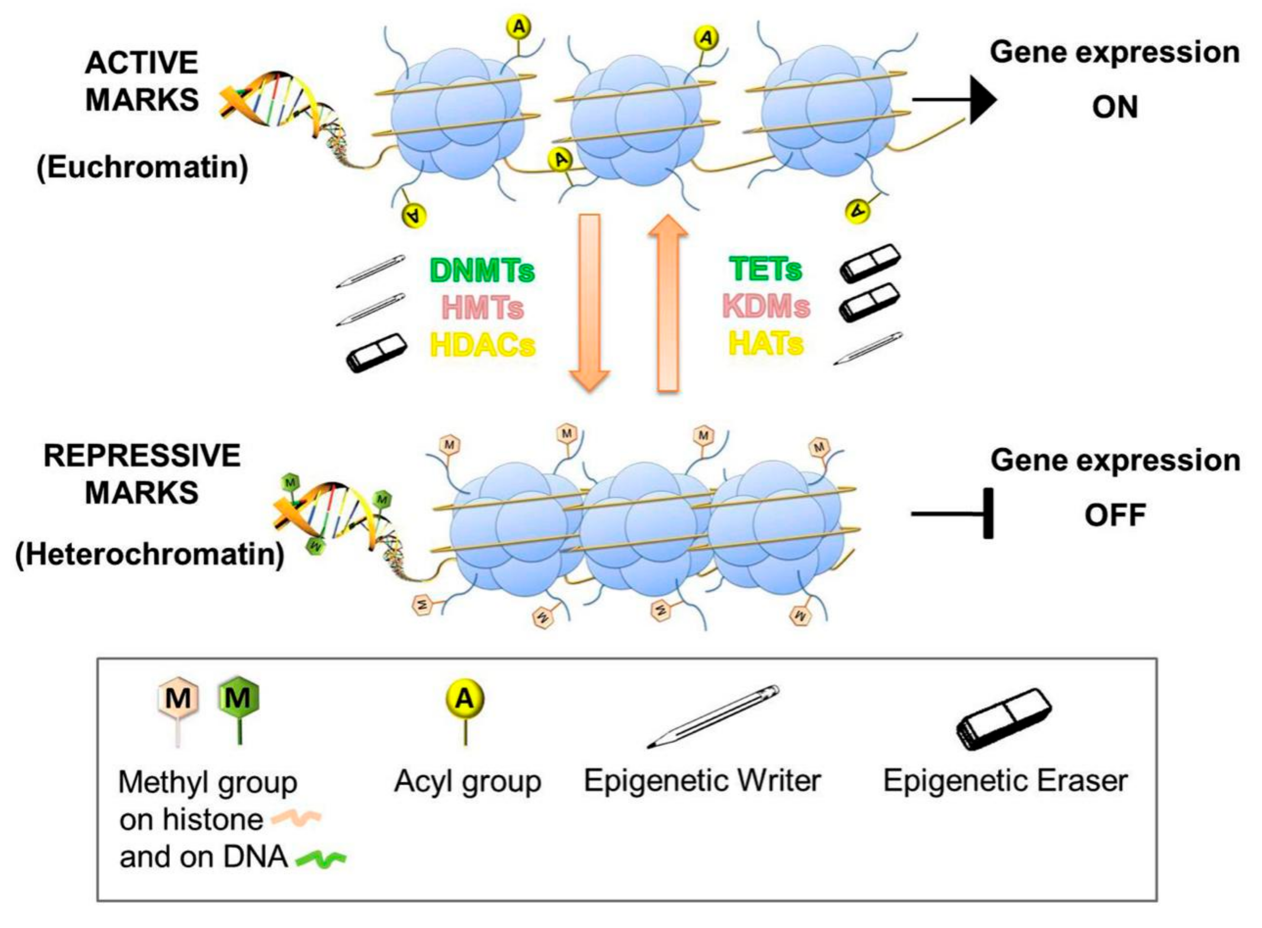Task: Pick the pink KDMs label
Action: click(x=765, y=306)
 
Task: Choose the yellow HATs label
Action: click(x=765, y=343)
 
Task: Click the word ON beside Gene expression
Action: click(x=1114, y=107)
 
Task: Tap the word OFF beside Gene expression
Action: click(x=1115, y=515)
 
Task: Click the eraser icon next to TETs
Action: click(x=870, y=262)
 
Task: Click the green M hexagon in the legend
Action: click(x=238, y=699)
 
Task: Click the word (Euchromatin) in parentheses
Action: click(x=142, y=167)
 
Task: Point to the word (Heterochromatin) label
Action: click(x=150, y=555)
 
